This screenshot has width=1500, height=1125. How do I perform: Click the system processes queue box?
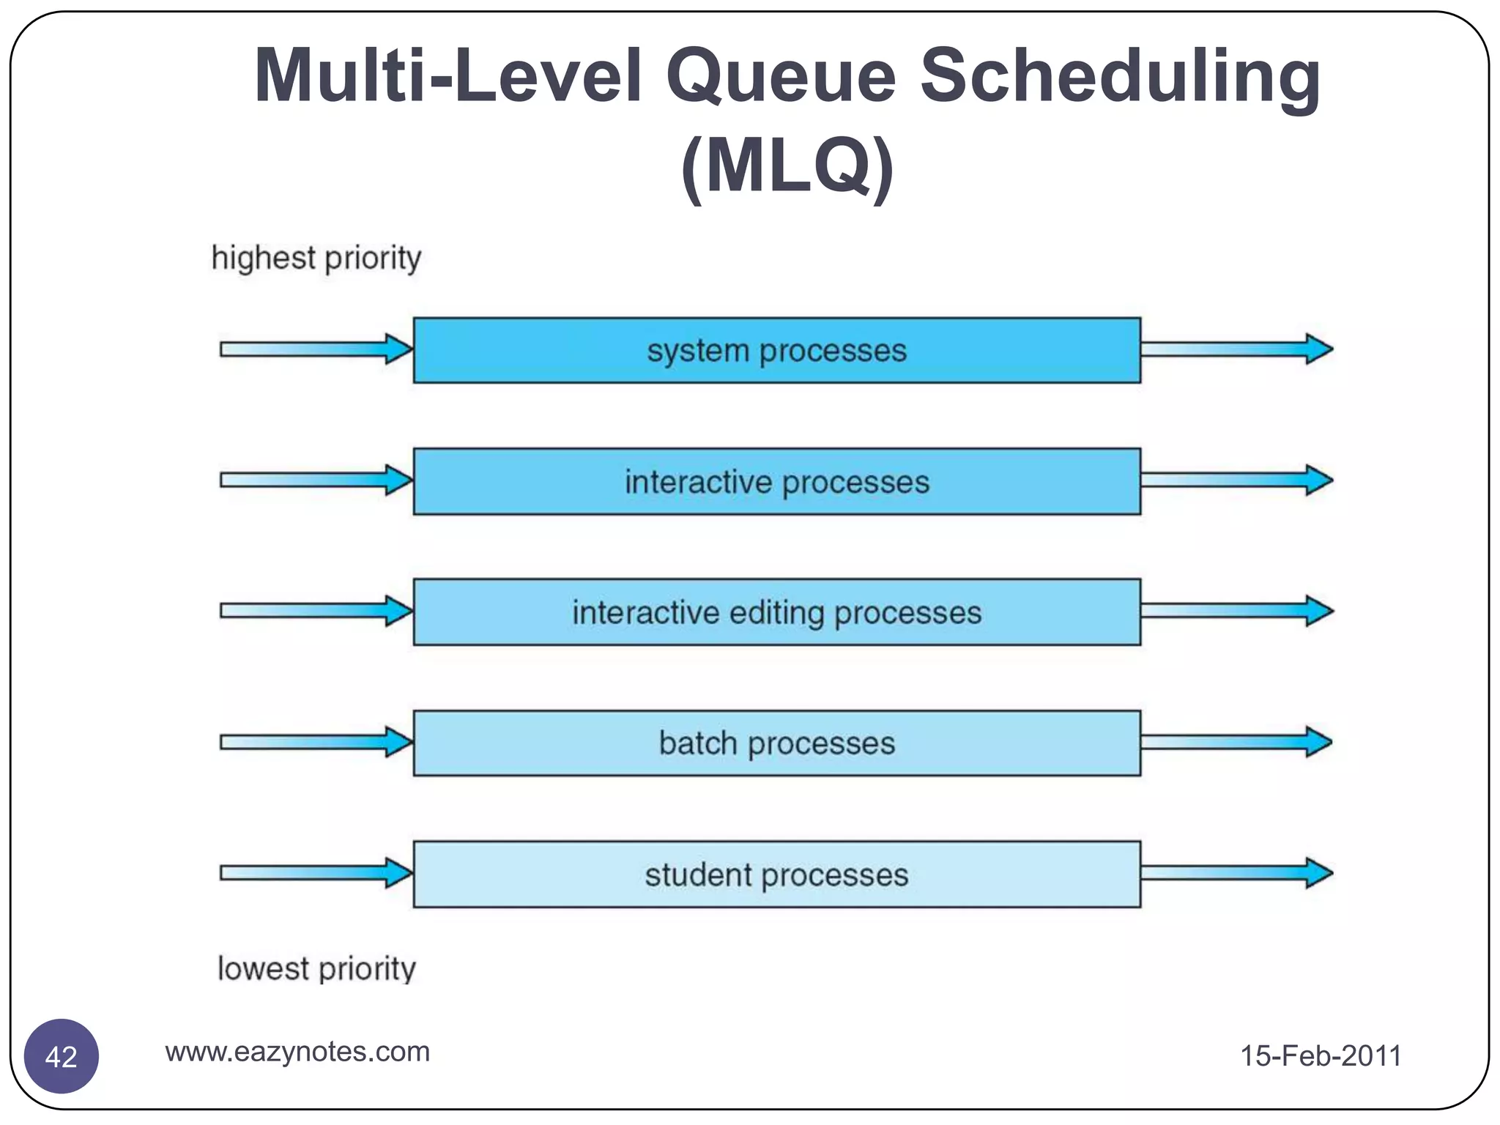[776, 350]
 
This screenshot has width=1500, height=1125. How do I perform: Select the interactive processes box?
[776, 481]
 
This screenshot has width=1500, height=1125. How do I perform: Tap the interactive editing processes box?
[776, 612]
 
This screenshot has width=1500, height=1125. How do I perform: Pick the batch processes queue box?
[776, 743]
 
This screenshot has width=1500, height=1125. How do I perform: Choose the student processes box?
[776, 875]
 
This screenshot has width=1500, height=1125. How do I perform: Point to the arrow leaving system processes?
[1236, 349]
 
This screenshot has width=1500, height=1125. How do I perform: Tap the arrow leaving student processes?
[1236, 873]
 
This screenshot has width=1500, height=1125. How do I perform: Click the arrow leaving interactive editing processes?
[1236, 611]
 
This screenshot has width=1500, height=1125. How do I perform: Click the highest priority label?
[316, 259]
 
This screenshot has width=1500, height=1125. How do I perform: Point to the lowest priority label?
[316, 969]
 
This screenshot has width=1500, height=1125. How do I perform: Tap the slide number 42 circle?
[62, 1056]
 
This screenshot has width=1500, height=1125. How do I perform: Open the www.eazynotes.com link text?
[297, 1052]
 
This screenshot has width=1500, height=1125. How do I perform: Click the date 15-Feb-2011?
[1320, 1055]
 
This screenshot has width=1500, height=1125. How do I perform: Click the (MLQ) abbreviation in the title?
[787, 167]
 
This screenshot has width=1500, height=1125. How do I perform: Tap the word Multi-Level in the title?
[448, 75]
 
